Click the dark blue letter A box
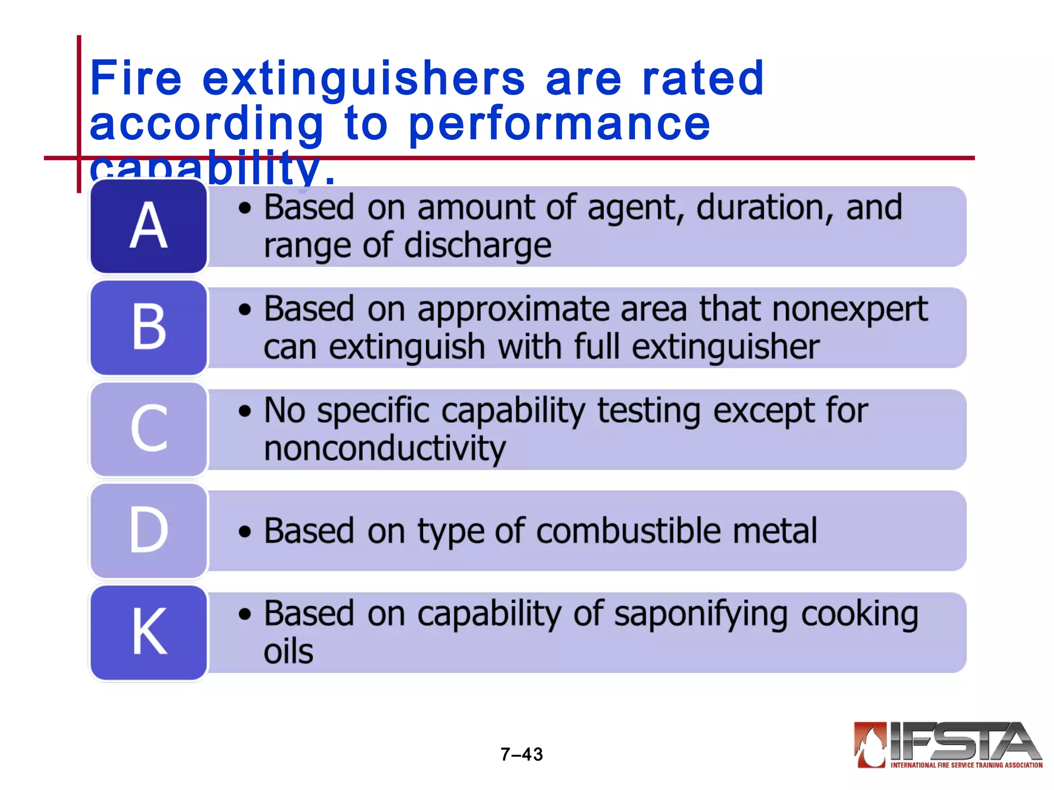pyautogui.click(x=149, y=226)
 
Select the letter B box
pyautogui.click(x=149, y=327)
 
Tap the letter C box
pyautogui.click(x=149, y=428)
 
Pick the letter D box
pyautogui.click(x=149, y=530)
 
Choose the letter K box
pyautogui.click(x=149, y=632)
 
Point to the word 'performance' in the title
pyautogui.click(x=559, y=124)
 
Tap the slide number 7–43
pyautogui.click(x=521, y=754)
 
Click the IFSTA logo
pyautogui.click(x=947, y=745)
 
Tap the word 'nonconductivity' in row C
pyautogui.click(x=385, y=448)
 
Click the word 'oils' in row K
pyautogui.click(x=288, y=652)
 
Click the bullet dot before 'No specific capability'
pyautogui.click(x=245, y=411)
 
